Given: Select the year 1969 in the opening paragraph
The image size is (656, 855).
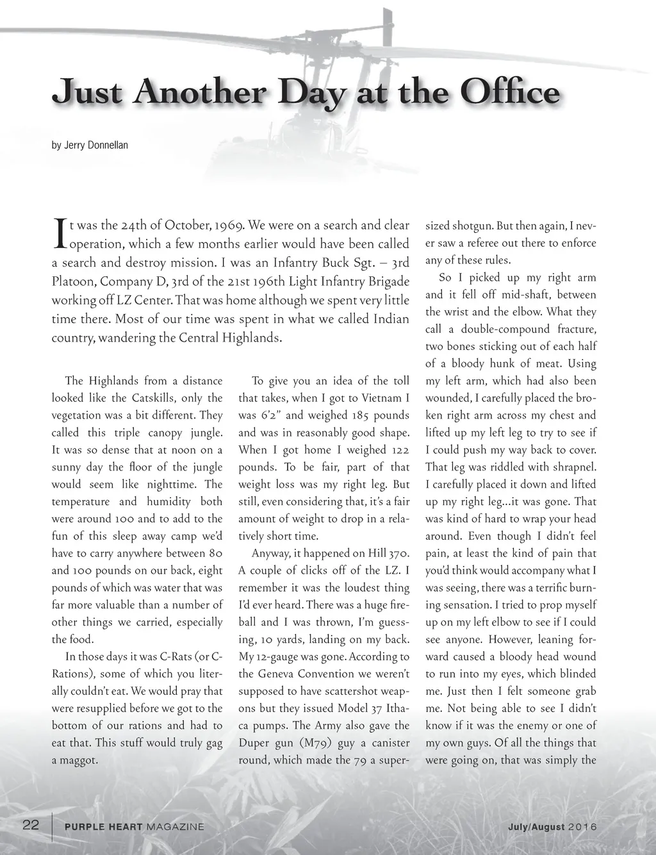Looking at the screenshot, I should pos(227,225).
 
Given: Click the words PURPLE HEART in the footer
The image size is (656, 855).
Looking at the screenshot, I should pos(104,827).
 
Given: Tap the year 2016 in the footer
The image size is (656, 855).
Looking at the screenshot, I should pos(583,827).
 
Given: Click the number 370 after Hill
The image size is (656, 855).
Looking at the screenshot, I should pos(399,553).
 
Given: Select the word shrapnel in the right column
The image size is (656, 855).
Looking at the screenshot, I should pos(570,467).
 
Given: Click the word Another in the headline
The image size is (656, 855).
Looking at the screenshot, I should pos(207,93).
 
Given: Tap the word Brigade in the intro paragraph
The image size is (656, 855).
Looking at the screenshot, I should pos(378,281).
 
